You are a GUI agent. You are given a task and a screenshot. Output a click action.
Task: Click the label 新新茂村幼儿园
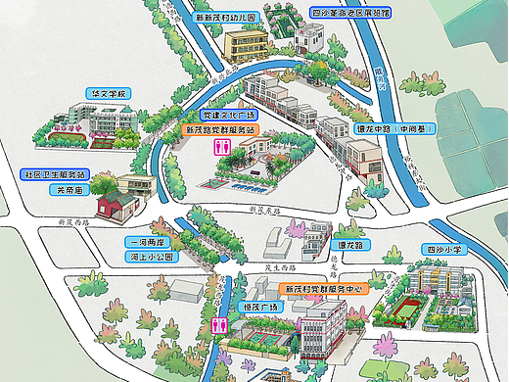(x=225, y=18)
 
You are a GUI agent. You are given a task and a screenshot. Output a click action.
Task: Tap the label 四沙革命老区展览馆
(x=349, y=13)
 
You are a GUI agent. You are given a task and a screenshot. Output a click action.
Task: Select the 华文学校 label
(x=109, y=93)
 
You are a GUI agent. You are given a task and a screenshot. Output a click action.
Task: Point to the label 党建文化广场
(x=222, y=116)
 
